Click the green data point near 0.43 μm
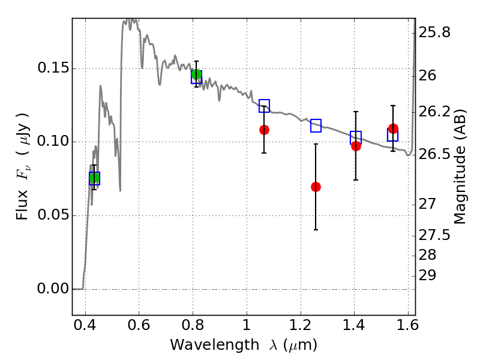(94, 178)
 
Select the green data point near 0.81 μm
(196, 75)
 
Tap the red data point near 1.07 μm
(264, 130)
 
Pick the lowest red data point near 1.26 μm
(316, 187)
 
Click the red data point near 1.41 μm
(356, 146)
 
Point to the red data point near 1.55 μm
(393, 128)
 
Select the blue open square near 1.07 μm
(264, 106)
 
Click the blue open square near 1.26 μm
(316, 126)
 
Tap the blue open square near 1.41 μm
(356, 137)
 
